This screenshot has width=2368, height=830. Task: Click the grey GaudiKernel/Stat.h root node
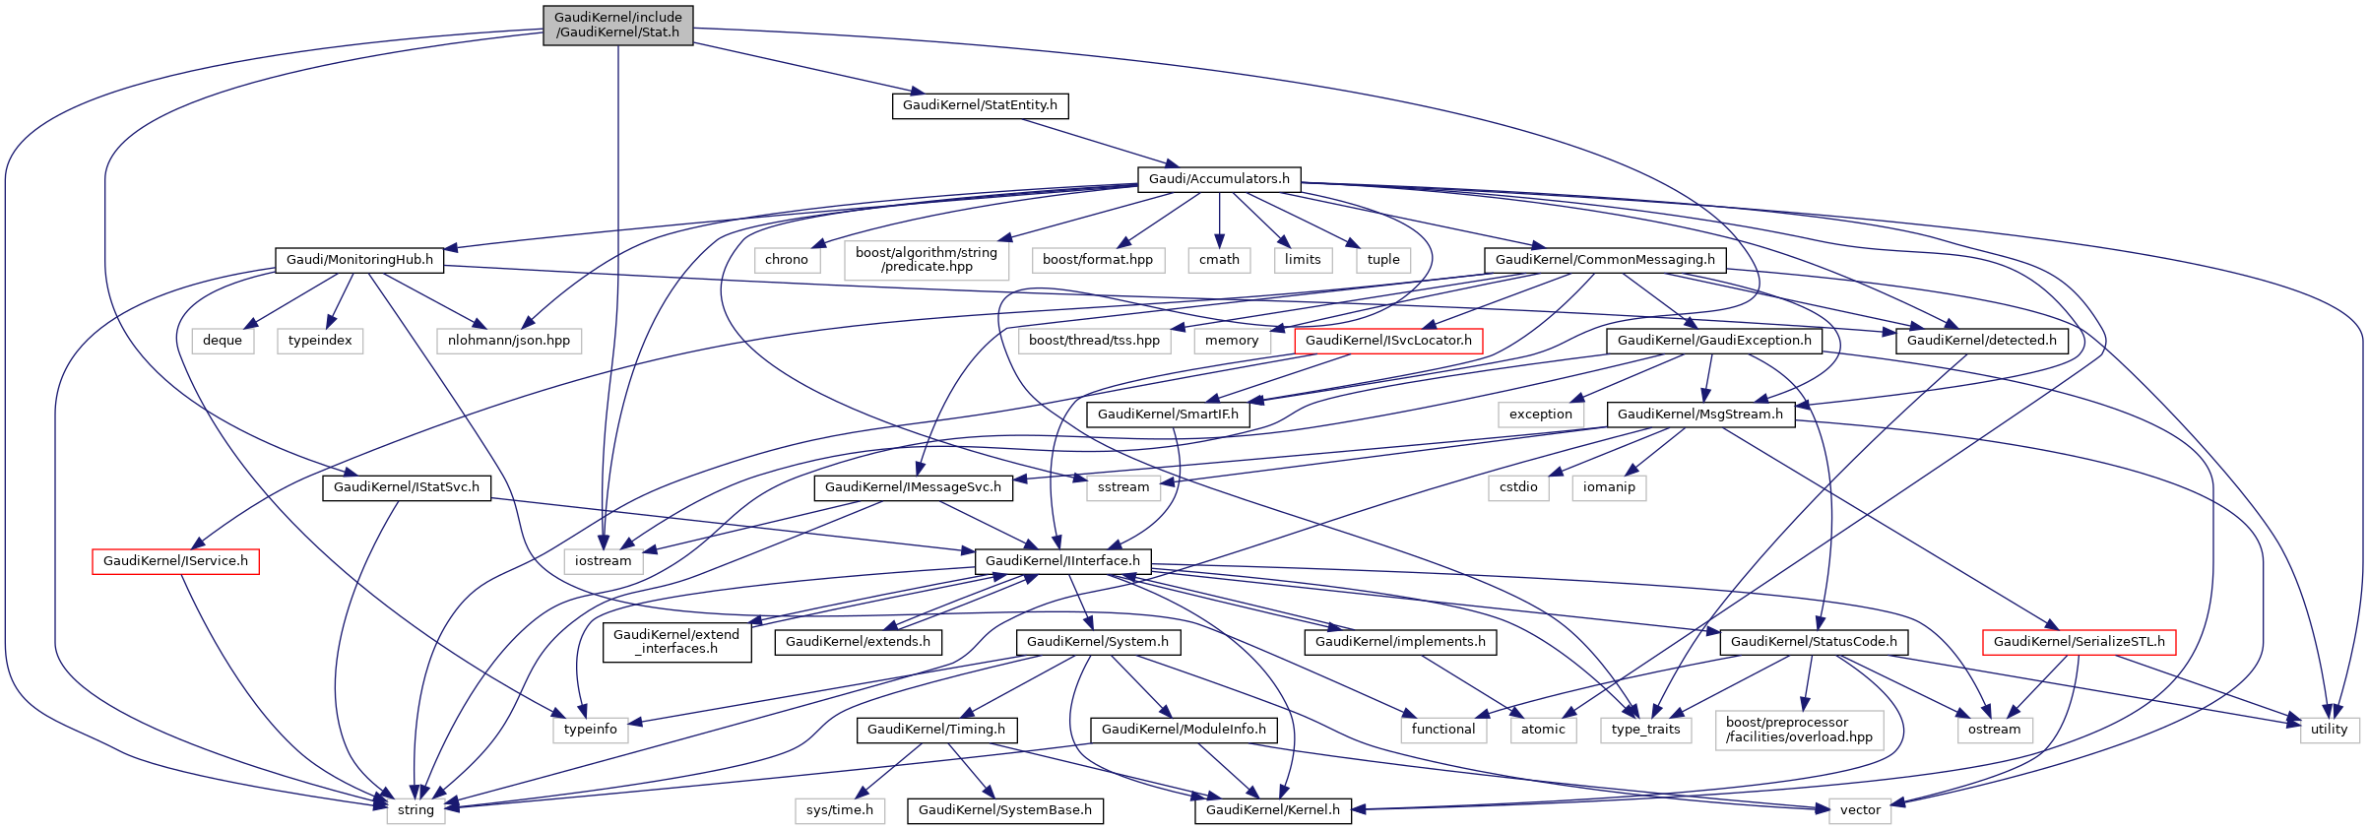618,26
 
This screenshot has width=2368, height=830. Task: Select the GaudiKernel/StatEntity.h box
980,105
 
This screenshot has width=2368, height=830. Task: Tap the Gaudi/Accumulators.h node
1219,179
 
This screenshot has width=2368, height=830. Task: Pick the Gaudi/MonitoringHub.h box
359,260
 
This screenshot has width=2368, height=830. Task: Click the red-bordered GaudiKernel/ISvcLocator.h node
1388,341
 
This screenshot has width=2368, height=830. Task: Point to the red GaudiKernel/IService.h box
175,561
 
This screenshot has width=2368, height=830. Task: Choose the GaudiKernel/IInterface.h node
1062,561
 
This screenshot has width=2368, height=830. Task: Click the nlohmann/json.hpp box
509,341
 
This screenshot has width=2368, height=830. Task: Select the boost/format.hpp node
1098,260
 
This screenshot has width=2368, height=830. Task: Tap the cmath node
1219,260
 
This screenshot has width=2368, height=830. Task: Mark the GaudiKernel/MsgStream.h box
1700,415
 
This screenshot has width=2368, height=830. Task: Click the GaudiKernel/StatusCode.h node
1814,642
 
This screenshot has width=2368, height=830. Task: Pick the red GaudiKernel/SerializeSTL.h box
2080,642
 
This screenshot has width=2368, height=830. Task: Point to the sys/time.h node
840,810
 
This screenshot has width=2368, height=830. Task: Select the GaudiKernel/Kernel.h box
1273,810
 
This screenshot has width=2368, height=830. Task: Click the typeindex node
320,341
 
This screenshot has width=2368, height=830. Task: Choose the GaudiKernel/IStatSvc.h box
407,487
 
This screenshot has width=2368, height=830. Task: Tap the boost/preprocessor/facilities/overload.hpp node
1799,730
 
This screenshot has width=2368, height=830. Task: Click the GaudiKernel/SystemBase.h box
1005,810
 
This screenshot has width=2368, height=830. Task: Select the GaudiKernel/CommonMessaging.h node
1605,260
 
